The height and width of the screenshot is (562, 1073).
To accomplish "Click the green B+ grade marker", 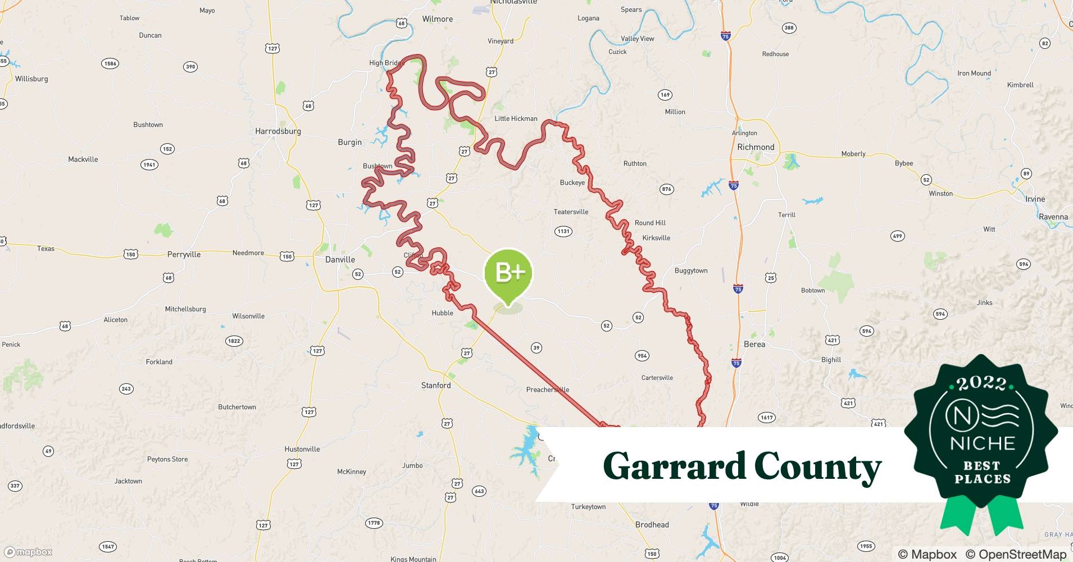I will click(508, 274).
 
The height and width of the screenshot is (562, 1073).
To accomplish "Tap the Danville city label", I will click(340, 260).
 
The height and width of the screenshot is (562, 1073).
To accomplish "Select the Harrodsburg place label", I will click(278, 132).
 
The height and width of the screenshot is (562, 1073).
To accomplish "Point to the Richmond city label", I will click(756, 147).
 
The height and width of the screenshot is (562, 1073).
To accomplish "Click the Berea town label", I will click(754, 345).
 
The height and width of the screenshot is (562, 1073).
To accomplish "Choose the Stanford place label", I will click(436, 386).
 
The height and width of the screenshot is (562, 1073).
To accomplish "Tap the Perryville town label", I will click(184, 255).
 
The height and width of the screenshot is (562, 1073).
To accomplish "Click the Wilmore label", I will click(437, 19).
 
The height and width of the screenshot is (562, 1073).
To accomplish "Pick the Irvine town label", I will click(1035, 199).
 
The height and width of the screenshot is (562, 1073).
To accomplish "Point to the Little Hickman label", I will click(516, 119).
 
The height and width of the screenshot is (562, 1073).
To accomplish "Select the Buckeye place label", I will click(572, 183).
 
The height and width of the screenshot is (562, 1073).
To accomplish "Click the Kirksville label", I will click(656, 238).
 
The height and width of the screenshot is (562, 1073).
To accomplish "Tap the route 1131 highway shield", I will click(563, 231).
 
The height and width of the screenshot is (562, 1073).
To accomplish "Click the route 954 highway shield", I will click(642, 355).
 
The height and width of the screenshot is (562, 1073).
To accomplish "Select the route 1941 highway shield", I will click(149, 165).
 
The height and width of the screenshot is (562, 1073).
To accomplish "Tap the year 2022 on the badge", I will click(981, 384).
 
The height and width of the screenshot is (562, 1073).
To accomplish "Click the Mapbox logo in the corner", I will click(28, 552).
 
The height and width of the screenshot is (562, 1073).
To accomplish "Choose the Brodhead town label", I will click(652, 525).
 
